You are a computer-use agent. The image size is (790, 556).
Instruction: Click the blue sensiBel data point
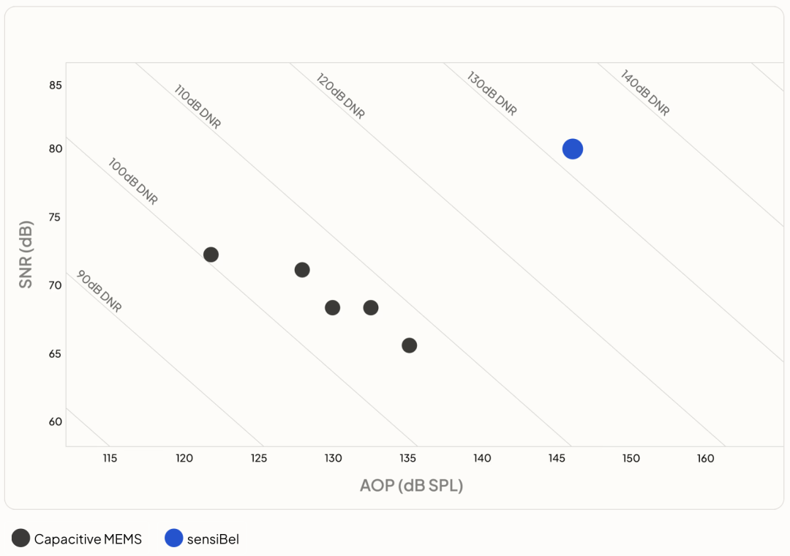572,149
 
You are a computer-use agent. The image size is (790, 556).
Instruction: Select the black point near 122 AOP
211,255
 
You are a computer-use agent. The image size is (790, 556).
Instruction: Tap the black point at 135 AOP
409,345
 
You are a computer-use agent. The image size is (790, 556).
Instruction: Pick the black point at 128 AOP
302,270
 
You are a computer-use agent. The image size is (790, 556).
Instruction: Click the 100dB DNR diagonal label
133,181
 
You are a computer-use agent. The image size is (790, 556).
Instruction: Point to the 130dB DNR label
492,93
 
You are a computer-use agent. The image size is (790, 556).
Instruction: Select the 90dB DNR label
99,291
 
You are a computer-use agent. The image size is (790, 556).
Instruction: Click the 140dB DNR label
645,93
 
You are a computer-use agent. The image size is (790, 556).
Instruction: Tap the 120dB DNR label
340,96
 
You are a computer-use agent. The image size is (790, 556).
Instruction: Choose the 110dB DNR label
197,106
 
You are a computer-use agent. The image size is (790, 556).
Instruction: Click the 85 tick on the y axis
56,85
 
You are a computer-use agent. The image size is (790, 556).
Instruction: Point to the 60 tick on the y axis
56,421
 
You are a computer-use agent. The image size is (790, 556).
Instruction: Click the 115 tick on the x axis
110,458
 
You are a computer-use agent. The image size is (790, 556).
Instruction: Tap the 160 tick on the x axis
705,458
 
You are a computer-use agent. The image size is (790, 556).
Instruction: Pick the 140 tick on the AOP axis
482,458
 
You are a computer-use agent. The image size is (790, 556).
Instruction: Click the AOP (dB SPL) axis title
411,486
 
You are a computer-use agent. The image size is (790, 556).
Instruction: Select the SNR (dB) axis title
25,255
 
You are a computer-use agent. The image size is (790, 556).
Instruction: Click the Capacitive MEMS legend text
88,539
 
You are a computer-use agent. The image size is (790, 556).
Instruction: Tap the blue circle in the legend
174,538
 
